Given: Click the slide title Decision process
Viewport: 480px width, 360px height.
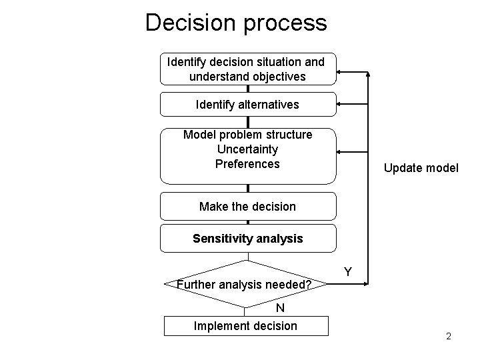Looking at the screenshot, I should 236,23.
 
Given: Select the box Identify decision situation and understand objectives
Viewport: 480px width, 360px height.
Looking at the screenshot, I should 247,69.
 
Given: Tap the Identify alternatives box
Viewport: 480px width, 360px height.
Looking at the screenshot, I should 247,105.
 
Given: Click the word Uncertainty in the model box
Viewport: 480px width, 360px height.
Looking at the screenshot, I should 247,149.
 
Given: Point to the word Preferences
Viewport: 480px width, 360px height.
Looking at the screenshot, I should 247,163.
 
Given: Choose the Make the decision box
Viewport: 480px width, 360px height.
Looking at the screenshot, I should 247,206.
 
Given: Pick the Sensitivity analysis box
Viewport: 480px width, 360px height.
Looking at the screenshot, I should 247,238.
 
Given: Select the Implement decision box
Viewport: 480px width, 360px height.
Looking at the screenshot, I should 245,325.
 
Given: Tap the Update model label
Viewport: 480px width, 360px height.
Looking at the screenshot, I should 421,168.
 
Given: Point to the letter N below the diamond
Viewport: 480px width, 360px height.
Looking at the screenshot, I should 281,308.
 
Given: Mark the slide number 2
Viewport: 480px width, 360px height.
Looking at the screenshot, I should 449,336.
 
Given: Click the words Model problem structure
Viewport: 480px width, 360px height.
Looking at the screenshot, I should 247,135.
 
